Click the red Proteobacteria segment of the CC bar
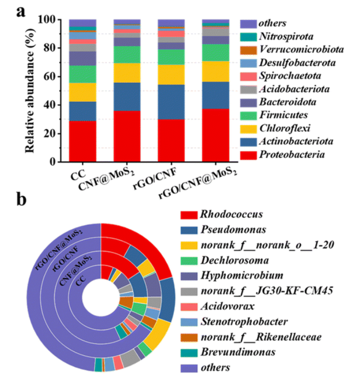82,141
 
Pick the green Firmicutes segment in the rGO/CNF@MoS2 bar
216,53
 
